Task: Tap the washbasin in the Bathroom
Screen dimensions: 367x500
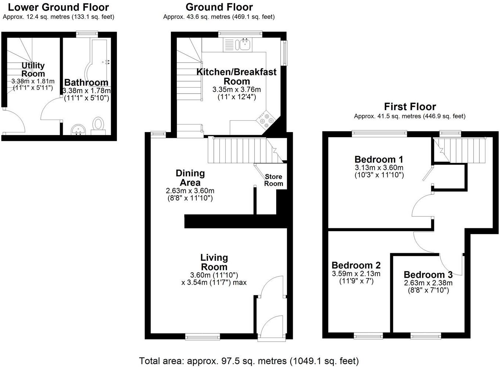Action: click(x=78, y=129)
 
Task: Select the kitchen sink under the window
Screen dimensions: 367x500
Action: click(x=244, y=45)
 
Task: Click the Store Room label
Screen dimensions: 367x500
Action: click(x=274, y=180)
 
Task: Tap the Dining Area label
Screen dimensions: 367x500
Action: click(x=190, y=178)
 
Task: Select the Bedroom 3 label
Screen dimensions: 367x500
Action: click(x=428, y=275)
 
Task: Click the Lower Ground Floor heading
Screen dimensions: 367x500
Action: click(x=58, y=7)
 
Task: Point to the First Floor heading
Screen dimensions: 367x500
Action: click(x=410, y=107)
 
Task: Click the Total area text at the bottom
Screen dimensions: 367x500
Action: click(x=249, y=361)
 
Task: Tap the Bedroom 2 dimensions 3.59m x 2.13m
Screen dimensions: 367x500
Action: click(x=356, y=274)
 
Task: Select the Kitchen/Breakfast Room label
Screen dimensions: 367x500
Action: click(x=237, y=76)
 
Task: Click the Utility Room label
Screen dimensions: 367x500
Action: click(x=33, y=69)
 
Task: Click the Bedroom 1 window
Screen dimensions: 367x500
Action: click(x=379, y=133)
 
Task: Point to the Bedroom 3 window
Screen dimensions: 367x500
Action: click(x=426, y=335)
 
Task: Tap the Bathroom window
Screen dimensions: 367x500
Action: click(x=87, y=34)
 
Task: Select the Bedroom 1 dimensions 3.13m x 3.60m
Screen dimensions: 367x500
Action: click(x=379, y=168)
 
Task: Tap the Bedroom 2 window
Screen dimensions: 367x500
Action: click(x=368, y=335)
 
